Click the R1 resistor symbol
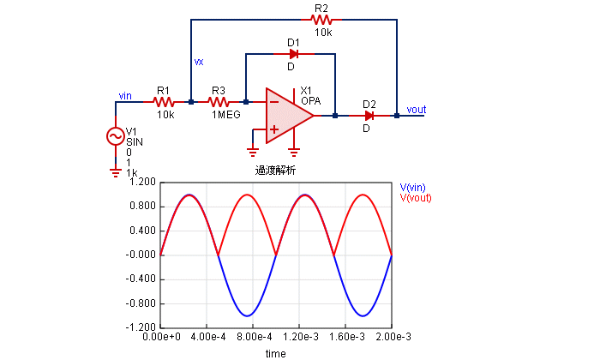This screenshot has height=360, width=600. pos(164,102)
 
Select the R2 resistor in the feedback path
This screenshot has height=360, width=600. pos(321,19)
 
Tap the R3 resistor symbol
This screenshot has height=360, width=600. pos(219,102)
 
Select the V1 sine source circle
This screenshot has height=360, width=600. pos(115,135)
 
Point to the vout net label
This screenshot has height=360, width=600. pos(417,110)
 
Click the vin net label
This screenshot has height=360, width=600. pos(124,96)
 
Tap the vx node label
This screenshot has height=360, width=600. pos(199,62)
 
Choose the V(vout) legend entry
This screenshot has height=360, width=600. pos(416,198)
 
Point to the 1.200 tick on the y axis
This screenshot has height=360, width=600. pos(142,183)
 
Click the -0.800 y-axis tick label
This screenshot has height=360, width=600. pos(141,303)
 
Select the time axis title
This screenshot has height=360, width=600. pos(275,352)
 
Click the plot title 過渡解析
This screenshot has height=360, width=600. pos(275,170)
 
